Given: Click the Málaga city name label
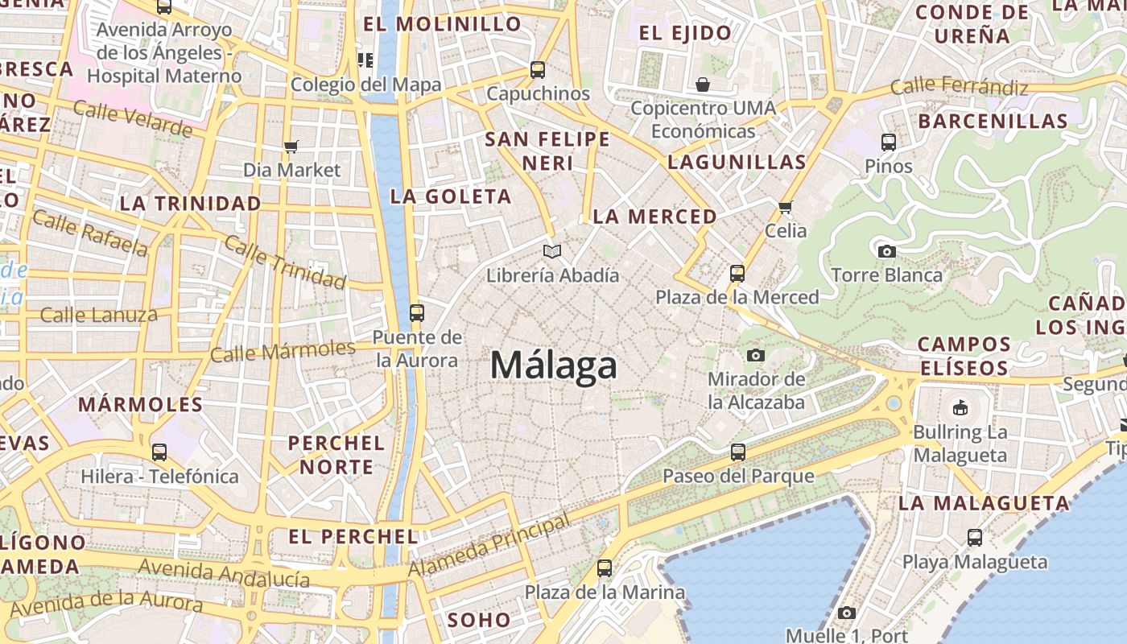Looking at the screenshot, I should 554,366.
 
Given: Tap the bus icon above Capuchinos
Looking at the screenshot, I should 538,70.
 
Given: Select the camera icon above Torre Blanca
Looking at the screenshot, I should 887,251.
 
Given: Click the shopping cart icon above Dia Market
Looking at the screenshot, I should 291,147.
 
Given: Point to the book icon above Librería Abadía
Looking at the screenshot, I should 551,252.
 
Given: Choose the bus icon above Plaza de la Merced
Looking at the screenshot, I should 737,274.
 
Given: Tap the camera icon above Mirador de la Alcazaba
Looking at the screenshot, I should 755,355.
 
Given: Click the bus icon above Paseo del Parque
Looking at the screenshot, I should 738,452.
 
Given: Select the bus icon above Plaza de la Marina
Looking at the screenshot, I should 605,568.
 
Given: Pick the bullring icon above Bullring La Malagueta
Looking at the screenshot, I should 960,408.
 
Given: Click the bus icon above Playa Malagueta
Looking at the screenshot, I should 975,538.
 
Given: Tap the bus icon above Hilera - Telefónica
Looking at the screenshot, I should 159,452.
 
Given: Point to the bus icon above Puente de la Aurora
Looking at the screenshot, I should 417,313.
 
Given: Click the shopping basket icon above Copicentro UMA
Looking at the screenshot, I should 703,85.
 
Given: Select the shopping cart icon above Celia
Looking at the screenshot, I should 786,207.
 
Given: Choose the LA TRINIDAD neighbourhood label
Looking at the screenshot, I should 191,203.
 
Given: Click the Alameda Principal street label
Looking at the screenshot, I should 489,545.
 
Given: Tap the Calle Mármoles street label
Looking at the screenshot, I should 283,351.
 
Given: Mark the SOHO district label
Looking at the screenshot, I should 479,620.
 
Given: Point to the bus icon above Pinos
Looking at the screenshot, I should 889,142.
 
